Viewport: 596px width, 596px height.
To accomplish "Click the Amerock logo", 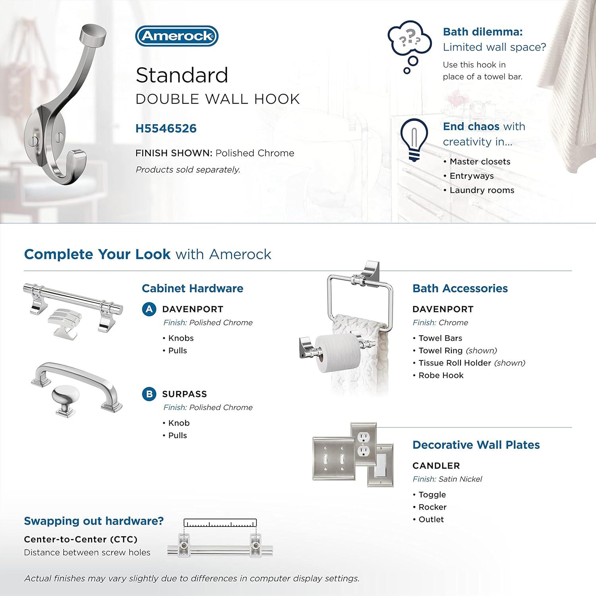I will pyautogui.click(x=177, y=36).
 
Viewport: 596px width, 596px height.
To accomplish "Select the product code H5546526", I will pyautogui.click(x=166, y=128).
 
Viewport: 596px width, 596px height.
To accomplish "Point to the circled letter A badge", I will pyautogui.click(x=149, y=309).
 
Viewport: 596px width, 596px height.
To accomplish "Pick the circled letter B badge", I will pyautogui.click(x=149, y=394).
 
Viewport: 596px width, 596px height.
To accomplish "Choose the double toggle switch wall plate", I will pyautogui.click(x=333, y=459).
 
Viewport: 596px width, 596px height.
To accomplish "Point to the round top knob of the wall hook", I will pyautogui.click(x=94, y=35).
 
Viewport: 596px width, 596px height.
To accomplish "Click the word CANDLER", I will pyautogui.click(x=436, y=466).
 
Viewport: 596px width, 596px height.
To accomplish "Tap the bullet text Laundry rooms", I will pyautogui.click(x=482, y=190).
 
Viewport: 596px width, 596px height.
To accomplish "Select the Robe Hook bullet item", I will pyautogui.click(x=441, y=375).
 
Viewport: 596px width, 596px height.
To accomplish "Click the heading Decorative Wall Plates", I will pyautogui.click(x=476, y=445).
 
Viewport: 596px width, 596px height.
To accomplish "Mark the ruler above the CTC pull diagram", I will pyautogui.click(x=220, y=523).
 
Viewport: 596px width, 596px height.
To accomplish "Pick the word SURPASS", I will pyautogui.click(x=184, y=394).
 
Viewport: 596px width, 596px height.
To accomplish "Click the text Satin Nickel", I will pyautogui.click(x=460, y=479).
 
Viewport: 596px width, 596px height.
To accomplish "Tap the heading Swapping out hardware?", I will pyautogui.click(x=94, y=521).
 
